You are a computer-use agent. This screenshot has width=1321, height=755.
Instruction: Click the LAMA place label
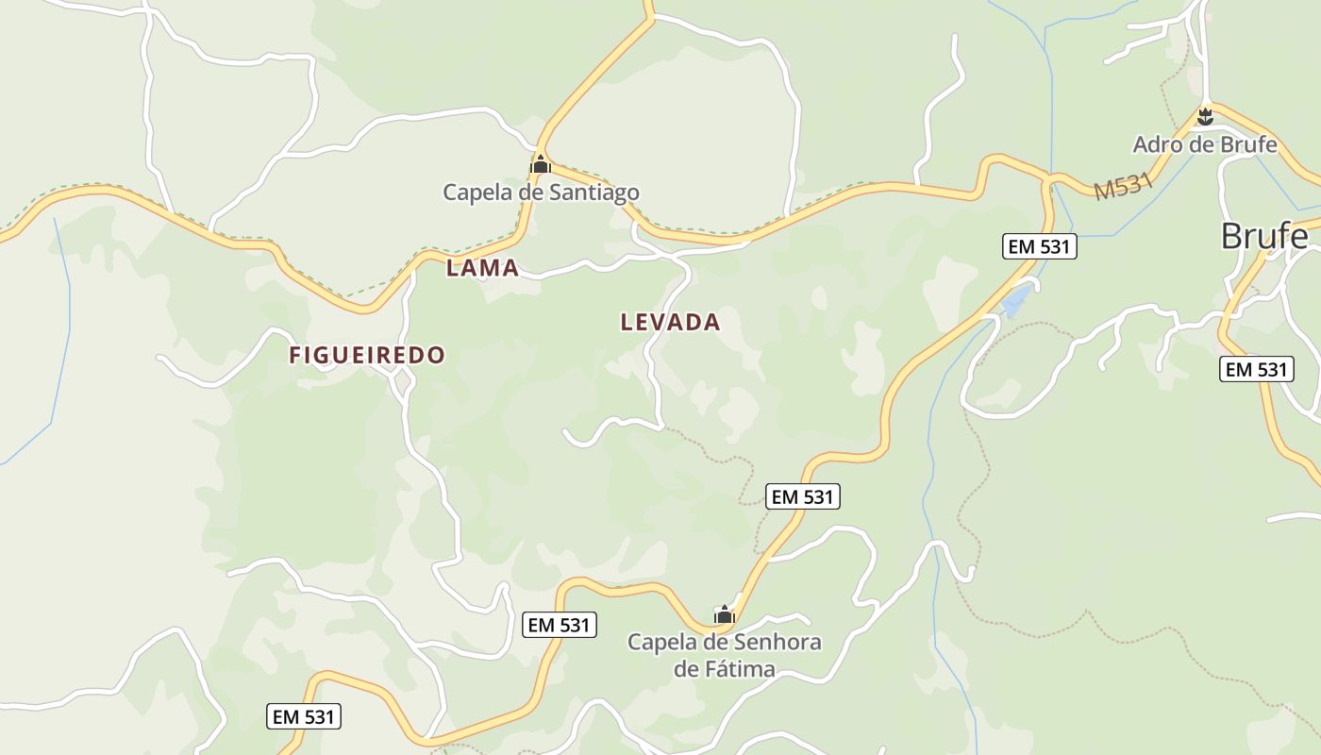click(x=482, y=268)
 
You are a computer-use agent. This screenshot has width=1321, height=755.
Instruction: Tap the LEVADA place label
click(x=670, y=322)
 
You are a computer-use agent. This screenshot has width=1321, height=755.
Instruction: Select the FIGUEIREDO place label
click(x=366, y=355)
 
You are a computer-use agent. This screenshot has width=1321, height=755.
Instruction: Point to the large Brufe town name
click(x=1263, y=236)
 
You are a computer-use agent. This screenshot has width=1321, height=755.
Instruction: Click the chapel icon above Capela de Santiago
click(x=540, y=165)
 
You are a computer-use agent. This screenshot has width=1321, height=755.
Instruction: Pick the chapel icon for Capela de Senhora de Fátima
click(x=724, y=615)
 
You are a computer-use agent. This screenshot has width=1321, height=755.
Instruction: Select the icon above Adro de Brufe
click(x=1204, y=117)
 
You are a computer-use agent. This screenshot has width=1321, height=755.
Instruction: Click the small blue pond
click(x=1016, y=302)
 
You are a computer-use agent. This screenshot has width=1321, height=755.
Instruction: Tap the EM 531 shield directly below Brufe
click(x=1256, y=369)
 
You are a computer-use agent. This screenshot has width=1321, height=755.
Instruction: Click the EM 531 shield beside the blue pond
click(x=1039, y=247)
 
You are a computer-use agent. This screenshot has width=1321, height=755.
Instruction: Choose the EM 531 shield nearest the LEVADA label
click(x=803, y=496)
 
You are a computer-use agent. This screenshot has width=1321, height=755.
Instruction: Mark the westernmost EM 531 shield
click(x=304, y=716)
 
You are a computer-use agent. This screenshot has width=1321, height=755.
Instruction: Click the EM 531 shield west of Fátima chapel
click(x=559, y=624)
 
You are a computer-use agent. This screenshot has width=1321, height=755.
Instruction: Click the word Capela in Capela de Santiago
click(x=478, y=193)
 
